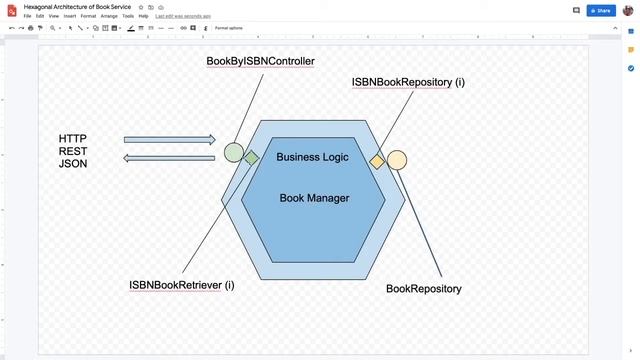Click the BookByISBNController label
point(260,61)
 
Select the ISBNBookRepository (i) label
point(408,81)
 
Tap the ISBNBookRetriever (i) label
point(182,285)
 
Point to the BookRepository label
point(424,288)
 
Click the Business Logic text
point(312,157)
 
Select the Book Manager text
point(314,198)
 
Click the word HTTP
point(73,138)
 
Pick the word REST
point(73,151)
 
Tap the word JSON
point(73,163)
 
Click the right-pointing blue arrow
point(169,140)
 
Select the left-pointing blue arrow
point(169,157)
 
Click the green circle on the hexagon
point(233,152)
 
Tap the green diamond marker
point(252,157)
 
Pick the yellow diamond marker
point(377,161)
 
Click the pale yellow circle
point(397,160)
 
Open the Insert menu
point(69,16)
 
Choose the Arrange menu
point(109,16)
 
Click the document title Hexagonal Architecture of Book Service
point(78,6)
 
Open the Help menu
point(144,16)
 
